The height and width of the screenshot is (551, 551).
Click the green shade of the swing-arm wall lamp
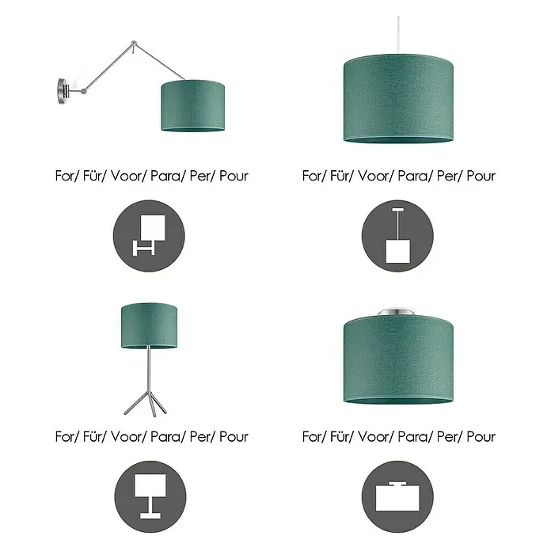192,106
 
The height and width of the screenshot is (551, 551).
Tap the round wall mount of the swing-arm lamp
63,91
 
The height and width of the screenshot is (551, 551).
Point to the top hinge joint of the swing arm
134,44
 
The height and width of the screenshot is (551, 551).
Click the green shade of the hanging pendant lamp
398,99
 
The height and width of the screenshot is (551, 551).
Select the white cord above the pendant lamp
398,35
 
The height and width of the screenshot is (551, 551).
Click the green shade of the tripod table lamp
149,326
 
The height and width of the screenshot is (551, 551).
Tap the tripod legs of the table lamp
146,404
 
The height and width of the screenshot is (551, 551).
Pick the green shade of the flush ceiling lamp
398,359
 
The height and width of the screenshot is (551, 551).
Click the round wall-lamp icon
149,236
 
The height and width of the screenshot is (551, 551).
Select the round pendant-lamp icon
397,236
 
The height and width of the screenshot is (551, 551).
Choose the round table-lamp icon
150,496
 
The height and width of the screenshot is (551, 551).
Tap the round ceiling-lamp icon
397,496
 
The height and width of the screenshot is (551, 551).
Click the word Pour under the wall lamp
234,176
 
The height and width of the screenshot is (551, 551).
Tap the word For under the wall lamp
65,176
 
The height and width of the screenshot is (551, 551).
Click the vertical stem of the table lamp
149,369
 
